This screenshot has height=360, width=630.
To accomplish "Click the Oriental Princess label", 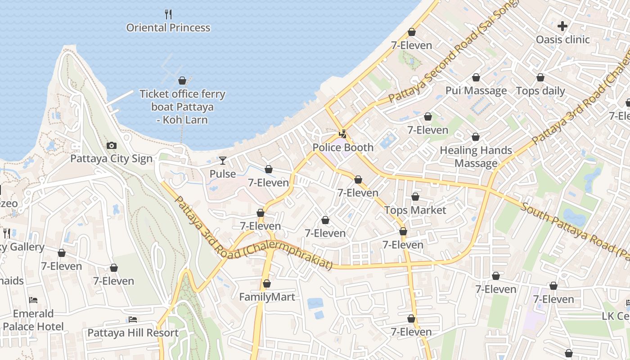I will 168,28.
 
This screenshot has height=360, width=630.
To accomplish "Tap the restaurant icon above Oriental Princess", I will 168,14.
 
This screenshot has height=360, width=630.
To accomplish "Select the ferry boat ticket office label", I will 182,107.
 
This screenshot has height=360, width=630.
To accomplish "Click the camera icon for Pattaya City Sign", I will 111,145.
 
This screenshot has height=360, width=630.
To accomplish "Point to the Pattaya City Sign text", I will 111,159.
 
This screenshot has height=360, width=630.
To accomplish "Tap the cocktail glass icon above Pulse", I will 223,161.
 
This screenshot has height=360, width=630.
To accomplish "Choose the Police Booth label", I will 343,148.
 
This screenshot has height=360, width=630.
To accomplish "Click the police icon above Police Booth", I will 343,134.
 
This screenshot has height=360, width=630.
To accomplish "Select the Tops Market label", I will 415,210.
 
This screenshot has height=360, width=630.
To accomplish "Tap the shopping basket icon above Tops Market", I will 415,197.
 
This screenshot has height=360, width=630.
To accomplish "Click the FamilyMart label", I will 267,297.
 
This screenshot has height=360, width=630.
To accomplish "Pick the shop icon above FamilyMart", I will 267,284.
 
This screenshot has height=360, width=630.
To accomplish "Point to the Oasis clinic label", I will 562,40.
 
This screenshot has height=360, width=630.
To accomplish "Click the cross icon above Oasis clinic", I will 562,26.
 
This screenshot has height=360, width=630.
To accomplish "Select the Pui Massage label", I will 476,91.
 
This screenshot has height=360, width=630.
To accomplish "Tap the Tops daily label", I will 540,91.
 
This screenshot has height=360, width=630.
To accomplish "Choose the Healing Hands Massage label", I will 476,157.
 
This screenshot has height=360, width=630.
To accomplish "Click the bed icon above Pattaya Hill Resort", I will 133,319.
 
